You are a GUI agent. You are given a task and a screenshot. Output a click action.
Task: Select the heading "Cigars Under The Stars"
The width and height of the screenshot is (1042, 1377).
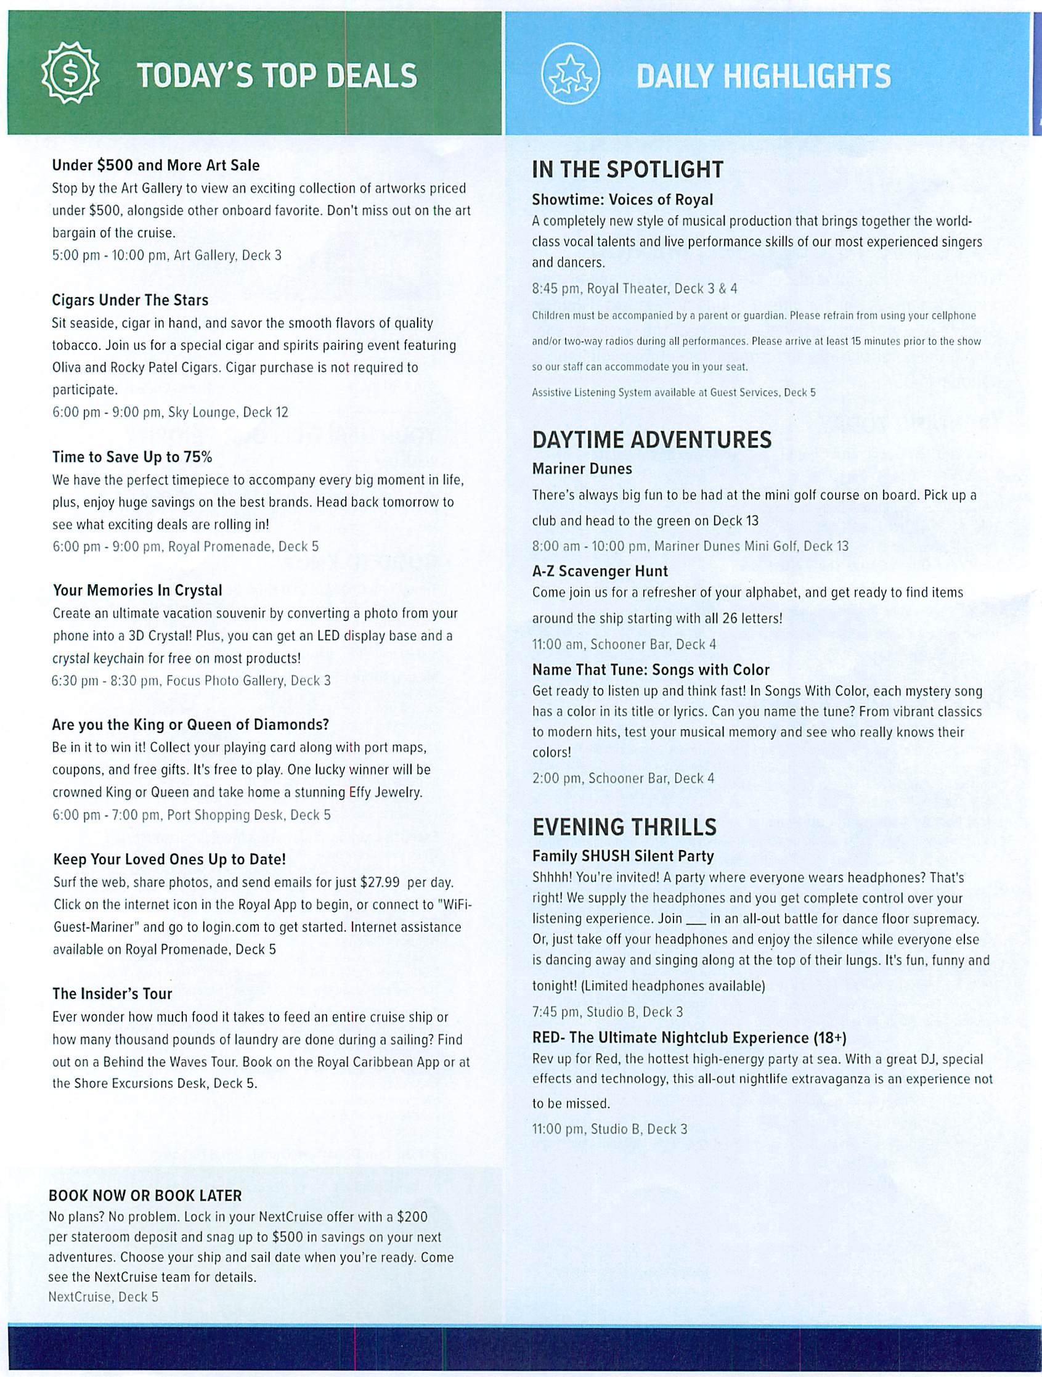tap(130, 300)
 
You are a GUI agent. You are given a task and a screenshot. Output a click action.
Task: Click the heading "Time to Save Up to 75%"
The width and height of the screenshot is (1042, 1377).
tap(132, 457)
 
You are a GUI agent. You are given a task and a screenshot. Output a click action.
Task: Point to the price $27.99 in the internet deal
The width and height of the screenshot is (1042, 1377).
tap(380, 883)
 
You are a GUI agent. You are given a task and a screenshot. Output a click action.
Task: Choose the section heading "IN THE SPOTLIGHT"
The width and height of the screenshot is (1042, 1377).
tap(627, 170)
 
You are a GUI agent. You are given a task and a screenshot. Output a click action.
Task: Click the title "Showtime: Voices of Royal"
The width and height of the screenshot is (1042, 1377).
tap(622, 200)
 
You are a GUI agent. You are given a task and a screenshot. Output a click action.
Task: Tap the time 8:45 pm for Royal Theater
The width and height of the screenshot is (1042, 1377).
tap(549, 288)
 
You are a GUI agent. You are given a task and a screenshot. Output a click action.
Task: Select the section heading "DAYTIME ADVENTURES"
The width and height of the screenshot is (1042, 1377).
tap(652, 440)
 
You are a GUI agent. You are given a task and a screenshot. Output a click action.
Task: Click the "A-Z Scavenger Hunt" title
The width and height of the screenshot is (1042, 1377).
tap(600, 571)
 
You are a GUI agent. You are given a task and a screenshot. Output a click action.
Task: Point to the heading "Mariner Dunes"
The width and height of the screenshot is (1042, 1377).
tap(582, 468)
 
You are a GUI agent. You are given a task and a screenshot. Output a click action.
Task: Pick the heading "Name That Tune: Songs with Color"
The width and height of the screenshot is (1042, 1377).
tap(651, 670)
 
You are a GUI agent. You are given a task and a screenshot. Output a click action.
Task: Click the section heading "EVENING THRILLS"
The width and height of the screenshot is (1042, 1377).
tap(624, 827)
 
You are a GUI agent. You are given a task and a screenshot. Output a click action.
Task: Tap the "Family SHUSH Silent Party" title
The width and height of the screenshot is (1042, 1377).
tap(623, 856)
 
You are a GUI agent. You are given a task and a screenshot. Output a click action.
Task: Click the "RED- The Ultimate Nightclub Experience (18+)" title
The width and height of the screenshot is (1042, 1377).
tap(689, 1038)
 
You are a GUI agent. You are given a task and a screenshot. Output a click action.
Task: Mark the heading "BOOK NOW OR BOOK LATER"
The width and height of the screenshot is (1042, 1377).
tap(145, 1195)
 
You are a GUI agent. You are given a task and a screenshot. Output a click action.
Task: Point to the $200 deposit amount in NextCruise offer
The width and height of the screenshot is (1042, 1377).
tap(412, 1216)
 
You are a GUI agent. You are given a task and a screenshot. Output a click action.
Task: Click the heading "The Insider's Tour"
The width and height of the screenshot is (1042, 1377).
tap(112, 994)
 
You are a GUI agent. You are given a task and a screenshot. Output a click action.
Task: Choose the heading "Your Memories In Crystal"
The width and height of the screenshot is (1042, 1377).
tap(137, 590)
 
